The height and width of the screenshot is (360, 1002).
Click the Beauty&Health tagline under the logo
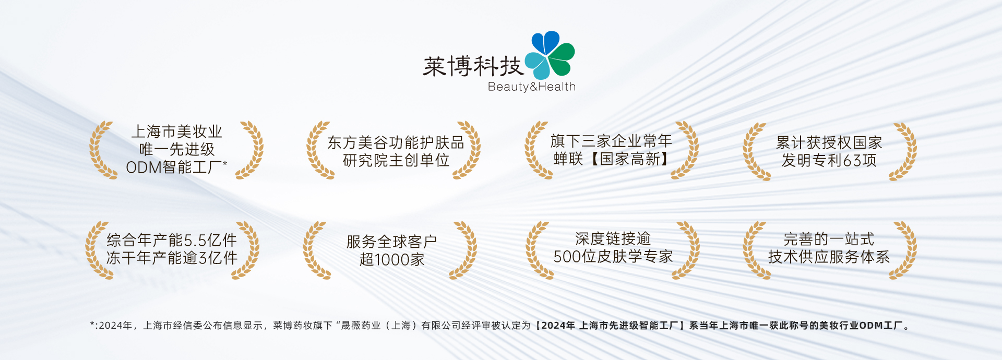click(531, 87)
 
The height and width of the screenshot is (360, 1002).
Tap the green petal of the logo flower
click(562, 58)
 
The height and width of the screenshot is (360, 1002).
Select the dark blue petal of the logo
click(545, 42)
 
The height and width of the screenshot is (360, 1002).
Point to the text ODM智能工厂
click(174, 167)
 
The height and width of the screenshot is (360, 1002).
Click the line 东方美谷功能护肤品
click(396, 142)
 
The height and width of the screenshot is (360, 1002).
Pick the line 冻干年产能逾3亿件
click(172, 258)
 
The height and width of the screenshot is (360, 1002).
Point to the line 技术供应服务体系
click(829, 257)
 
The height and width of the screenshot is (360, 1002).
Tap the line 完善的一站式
click(829, 239)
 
